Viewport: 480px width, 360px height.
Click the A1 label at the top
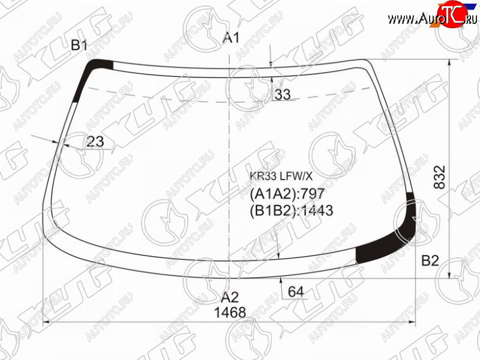tap(231, 38)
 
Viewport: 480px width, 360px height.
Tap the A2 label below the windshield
tap(230, 297)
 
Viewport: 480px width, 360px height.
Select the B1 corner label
tap(79, 46)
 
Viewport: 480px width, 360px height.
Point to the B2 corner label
tap(430, 260)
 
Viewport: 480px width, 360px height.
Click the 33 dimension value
tap(282, 94)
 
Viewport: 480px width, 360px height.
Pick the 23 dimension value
tap(95, 142)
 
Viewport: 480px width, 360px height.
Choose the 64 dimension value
tap(296, 292)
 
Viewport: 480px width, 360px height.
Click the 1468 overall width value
tap(230, 312)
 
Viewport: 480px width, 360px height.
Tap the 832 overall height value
tap(440, 177)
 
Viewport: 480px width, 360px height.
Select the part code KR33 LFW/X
tap(281, 176)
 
